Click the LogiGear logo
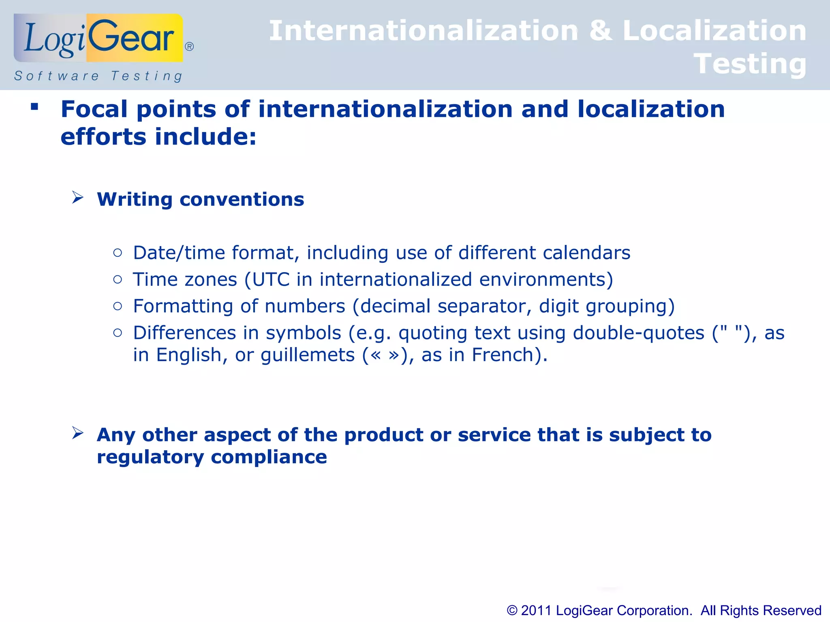(98, 38)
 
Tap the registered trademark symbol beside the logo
(189, 47)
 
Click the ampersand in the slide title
(600, 31)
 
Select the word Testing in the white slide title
(750, 64)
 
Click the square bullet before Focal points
(34, 107)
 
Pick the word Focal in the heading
(94, 109)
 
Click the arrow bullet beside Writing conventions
(78, 198)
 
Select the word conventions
(242, 199)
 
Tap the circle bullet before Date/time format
(118, 253)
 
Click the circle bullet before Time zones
(118, 279)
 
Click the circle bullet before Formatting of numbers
(118, 306)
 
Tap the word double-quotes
(638, 333)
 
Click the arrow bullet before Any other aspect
(78, 433)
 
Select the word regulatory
(150, 457)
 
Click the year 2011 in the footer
(536, 610)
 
